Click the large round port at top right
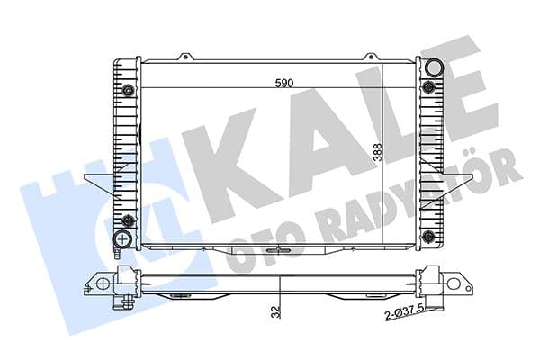pyautogui.click(x=434, y=67)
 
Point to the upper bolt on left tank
pyautogui.click(x=129, y=90)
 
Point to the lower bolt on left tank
pyautogui.click(x=129, y=221)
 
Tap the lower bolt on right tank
pyautogui.click(x=429, y=221)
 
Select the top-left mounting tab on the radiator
pyautogui.click(x=186, y=57)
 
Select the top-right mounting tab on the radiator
pyautogui.click(x=372, y=57)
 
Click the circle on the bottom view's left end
pyautogui.click(x=103, y=283)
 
